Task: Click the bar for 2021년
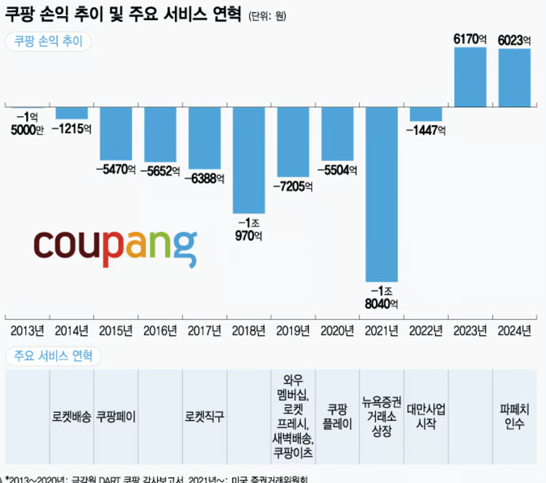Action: click(x=381, y=194)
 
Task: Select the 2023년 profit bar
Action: click(x=470, y=77)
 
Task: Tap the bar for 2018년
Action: click(x=248, y=160)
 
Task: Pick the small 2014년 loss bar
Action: click(x=71, y=113)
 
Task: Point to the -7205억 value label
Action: click(x=293, y=186)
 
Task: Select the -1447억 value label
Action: click(x=426, y=131)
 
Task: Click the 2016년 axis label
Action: click(x=160, y=331)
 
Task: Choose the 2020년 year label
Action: click(x=337, y=331)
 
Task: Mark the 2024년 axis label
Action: click(x=514, y=331)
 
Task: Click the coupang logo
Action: click(x=116, y=248)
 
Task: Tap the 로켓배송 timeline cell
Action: click(x=71, y=416)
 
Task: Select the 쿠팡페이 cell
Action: click(x=116, y=416)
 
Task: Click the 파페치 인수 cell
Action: click(x=514, y=416)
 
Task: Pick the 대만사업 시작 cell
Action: click(x=426, y=416)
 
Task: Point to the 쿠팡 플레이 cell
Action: click(x=337, y=416)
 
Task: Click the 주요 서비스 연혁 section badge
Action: click(x=53, y=356)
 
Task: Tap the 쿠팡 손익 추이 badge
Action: click(x=48, y=41)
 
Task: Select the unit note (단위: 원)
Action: click(x=268, y=16)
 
